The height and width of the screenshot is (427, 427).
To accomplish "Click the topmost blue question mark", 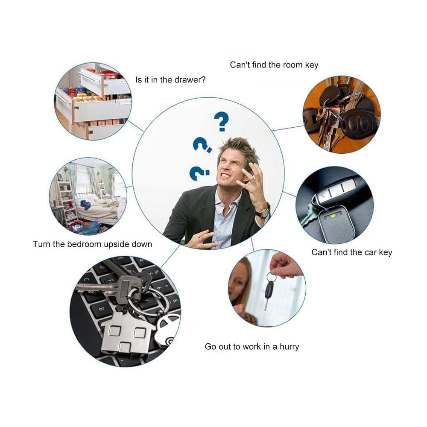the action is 221,121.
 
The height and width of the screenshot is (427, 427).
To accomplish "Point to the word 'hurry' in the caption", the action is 289,347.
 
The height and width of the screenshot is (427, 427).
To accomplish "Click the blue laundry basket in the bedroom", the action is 91,228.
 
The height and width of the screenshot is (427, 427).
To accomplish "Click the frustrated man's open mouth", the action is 225,175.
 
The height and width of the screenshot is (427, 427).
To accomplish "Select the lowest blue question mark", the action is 199,173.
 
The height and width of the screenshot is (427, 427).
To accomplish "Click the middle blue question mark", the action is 202,145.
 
